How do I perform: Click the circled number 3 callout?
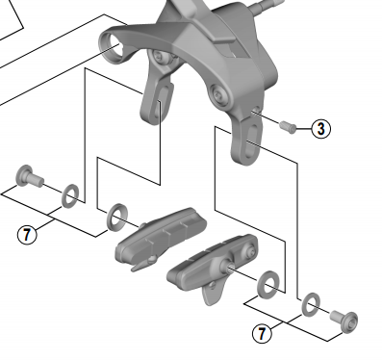(320, 129)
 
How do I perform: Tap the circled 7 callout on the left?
(27, 234)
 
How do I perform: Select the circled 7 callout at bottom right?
(262, 333)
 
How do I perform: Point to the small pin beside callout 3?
(289, 126)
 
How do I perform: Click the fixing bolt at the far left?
(28, 176)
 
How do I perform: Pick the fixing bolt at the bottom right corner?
(344, 321)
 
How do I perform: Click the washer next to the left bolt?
(70, 195)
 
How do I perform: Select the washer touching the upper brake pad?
(117, 217)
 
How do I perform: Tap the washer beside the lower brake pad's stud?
(268, 284)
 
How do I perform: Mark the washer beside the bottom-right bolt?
(311, 305)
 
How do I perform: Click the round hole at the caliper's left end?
(112, 47)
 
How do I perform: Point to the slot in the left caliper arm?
(163, 102)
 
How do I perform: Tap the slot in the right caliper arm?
(251, 140)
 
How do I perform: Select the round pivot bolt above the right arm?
(219, 94)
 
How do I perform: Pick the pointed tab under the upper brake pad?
(141, 264)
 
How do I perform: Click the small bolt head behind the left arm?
(161, 57)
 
